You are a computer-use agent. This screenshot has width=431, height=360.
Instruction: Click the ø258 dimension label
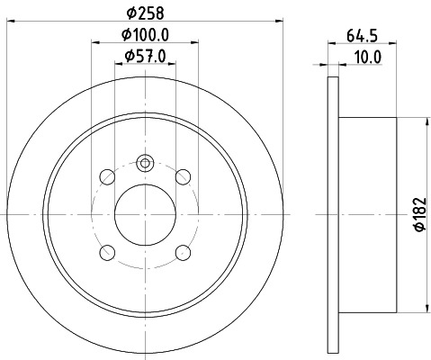coord(145,13)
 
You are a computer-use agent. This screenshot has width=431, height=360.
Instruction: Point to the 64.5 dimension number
coord(361,38)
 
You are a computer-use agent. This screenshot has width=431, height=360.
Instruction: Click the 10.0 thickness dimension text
coord(368,57)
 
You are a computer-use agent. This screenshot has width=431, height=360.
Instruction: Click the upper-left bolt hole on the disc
coord(106,175)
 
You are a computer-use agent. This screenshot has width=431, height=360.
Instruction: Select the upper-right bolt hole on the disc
coord(184,175)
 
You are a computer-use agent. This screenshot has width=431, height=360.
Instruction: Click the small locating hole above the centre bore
coord(145,164)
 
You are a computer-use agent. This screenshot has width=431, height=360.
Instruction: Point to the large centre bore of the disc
coord(145,214)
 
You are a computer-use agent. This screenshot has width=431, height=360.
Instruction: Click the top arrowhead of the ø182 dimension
coord(418,121)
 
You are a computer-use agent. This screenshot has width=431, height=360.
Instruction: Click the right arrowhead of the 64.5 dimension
coord(394,45)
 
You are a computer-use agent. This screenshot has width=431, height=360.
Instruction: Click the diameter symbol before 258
coord(130,13)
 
